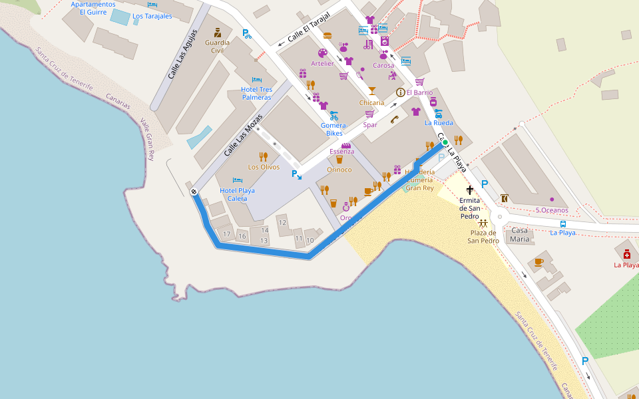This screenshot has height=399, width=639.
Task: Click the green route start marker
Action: click(x=445, y=142)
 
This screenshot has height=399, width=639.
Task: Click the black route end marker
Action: click(x=194, y=192)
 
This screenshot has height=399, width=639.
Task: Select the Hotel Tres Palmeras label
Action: click(x=256, y=93)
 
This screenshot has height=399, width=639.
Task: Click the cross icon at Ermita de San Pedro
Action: click(x=470, y=190)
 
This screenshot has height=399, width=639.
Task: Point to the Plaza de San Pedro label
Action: click(x=483, y=236)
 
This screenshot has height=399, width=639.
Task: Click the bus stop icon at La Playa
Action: click(x=563, y=224)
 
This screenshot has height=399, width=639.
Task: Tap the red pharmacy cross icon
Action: click(x=626, y=255)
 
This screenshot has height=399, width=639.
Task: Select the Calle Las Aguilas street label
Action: click(x=182, y=55)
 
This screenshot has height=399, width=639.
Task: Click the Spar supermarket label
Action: click(x=370, y=124)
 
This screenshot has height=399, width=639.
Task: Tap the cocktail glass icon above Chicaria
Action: click(x=371, y=91)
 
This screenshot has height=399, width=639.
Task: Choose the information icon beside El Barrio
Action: click(x=400, y=92)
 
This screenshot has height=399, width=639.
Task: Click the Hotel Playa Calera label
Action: click(x=238, y=194)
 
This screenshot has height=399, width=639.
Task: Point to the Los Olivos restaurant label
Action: click(x=264, y=167)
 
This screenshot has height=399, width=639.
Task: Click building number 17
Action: click(x=227, y=235)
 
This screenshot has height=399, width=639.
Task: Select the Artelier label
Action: click(x=322, y=63)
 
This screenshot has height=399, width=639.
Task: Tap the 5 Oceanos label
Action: click(x=552, y=210)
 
